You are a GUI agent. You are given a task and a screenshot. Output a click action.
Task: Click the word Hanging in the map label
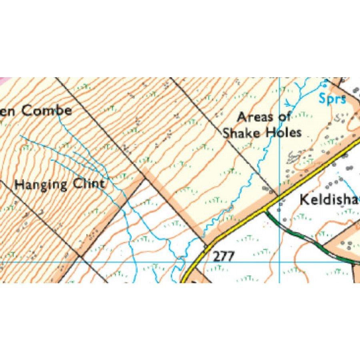[42, 185]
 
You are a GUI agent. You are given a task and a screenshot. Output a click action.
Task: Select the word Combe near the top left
[47, 110]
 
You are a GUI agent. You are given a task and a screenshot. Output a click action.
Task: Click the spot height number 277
[223, 256]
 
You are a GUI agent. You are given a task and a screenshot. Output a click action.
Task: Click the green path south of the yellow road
[304, 238]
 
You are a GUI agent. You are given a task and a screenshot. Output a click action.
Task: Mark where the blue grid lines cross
[279, 262]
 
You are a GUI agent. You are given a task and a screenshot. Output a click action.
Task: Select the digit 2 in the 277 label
[216, 256]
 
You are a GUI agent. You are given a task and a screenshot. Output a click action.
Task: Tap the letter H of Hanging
[19, 185]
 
